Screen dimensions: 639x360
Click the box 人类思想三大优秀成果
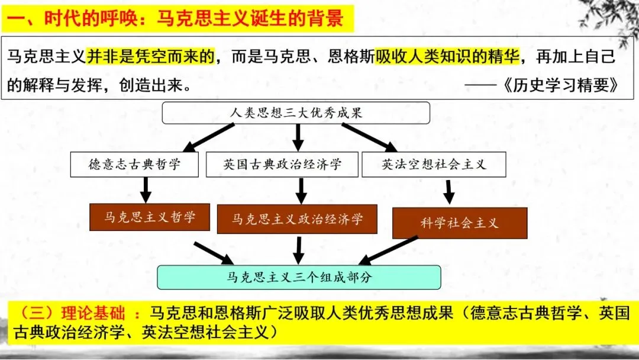coord(296,112)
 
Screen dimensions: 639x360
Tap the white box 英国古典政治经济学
coord(282,164)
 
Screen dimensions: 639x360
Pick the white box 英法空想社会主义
coord(434,164)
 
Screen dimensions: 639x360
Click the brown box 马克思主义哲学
coord(150,217)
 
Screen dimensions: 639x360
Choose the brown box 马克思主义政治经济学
coord(297,219)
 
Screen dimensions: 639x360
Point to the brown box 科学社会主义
coord(460,223)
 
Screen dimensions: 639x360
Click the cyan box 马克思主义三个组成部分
coord(299,277)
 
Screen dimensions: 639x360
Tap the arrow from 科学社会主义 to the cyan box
coord(388,250)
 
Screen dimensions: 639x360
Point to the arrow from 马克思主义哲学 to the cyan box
coord(214,253)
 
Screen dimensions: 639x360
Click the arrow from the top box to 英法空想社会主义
coord(370,137)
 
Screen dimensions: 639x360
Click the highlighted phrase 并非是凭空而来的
coord(151,57)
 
